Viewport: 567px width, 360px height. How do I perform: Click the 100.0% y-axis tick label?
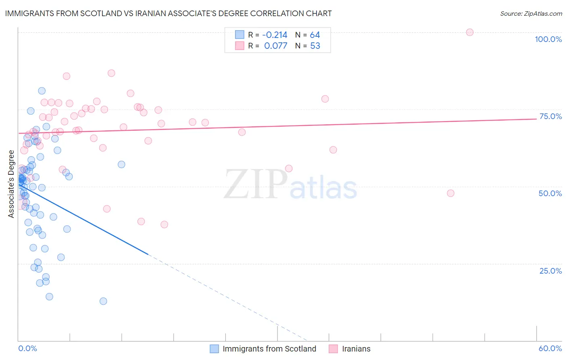coord(548,39)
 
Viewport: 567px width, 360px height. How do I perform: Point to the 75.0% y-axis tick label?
coord(550,116)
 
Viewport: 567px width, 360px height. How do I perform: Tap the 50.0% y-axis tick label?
coord(550,193)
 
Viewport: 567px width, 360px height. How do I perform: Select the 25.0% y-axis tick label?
coord(550,270)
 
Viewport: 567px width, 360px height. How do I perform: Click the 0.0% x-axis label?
coord(27,348)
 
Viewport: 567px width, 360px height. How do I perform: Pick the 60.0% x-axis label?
coord(550,348)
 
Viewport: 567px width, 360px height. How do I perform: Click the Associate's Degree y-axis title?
coord(11,184)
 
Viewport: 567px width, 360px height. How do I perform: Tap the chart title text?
coord(169,13)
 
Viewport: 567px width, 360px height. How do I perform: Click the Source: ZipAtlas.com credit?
coord(531,13)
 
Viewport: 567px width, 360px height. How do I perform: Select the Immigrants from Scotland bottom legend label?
coord(269,349)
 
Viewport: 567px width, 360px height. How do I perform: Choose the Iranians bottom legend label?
coord(356,349)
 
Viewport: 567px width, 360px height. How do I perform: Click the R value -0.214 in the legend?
coord(275,35)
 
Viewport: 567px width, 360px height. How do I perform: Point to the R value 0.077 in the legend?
coord(275,46)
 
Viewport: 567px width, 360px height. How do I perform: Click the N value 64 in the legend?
coord(315,35)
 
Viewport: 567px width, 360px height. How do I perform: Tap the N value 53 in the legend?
coord(315,46)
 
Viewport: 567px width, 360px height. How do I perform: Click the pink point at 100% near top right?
coord(469,32)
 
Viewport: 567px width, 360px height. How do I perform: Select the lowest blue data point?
coord(103,301)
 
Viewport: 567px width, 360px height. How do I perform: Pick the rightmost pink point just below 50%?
coord(450,193)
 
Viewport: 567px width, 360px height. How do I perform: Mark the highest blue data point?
coord(42,91)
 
